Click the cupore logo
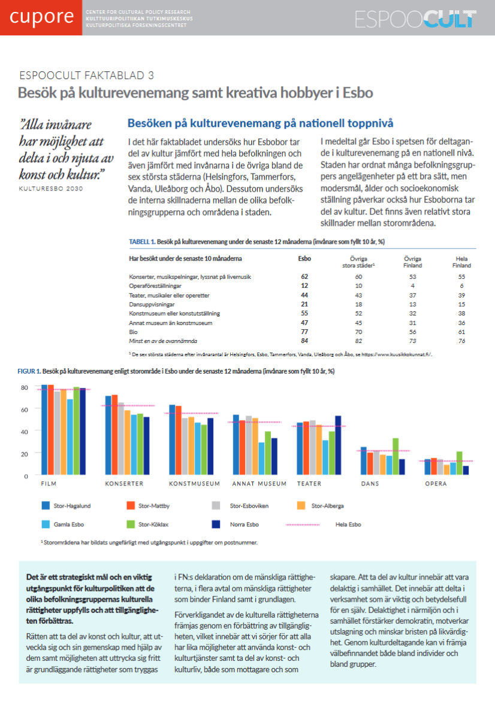(41, 17)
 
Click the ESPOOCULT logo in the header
(415, 19)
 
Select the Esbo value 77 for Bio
(304, 332)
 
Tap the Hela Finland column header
(461, 262)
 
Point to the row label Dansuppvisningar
(152, 305)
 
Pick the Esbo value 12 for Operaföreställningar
(304, 286)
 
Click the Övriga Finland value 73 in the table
(413, 341)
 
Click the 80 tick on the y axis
(25, 387)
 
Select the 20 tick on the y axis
(25, 454)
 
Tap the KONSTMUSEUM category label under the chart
(194, 484)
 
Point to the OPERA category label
(436, 484)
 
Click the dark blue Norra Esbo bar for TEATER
(338, 445)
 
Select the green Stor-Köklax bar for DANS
(396, 456)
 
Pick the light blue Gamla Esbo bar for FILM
(70, 437)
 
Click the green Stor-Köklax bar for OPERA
(460, 463)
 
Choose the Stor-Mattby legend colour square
(131, 506)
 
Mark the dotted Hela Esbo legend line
(303, 524)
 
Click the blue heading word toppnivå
(370, 123)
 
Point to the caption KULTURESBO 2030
(51, 189)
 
